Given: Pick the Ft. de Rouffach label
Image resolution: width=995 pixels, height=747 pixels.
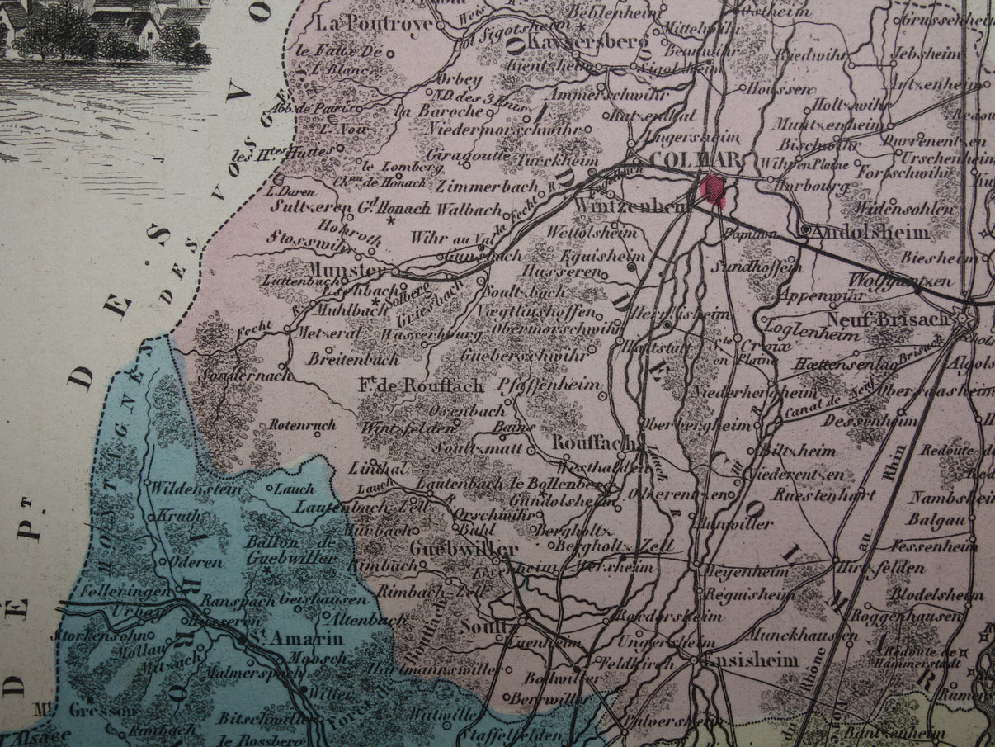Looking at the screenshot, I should point(420,385).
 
